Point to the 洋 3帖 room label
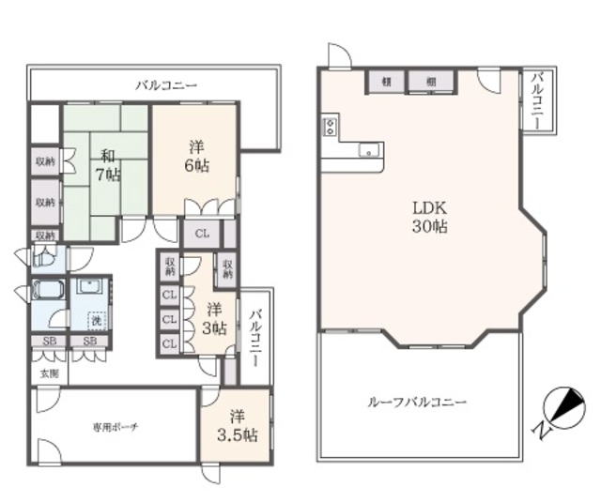pos(215,319)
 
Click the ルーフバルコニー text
pos(417,403)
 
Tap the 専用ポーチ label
pos(116,427)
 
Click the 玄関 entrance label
pos(48,373)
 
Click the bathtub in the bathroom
pos(48,291)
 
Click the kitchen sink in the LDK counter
pos(367,150)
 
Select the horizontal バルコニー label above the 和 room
pos(165,85)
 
